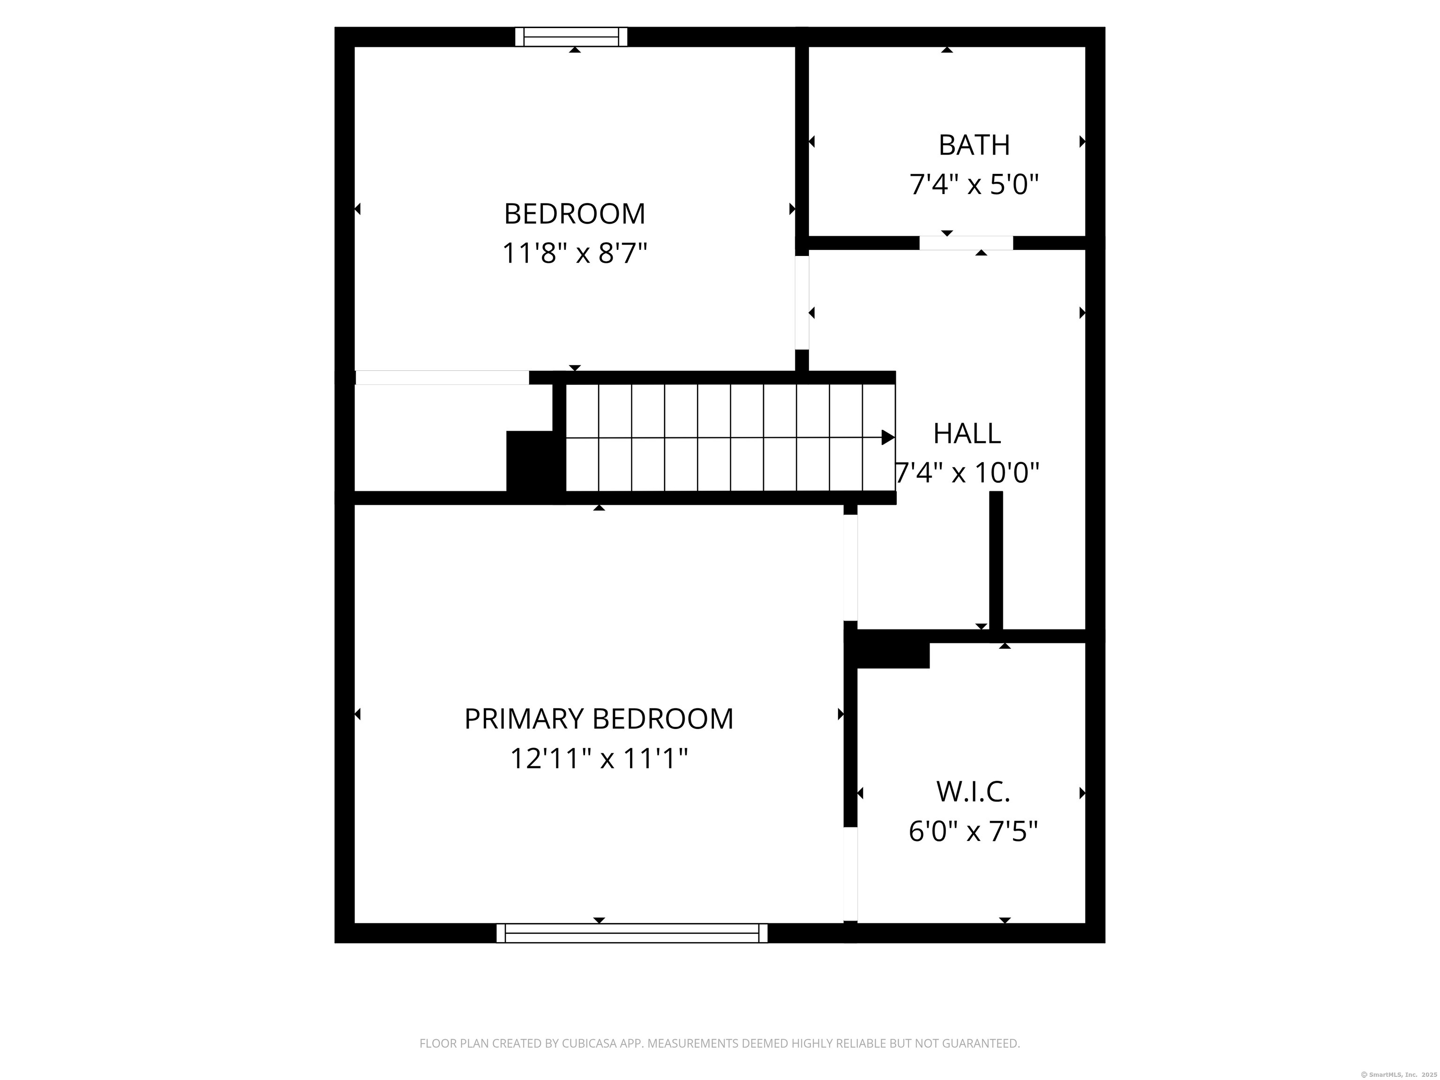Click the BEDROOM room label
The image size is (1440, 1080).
click(x=574, y=214)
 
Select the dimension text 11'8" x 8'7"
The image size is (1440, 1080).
click(x=574, y=253)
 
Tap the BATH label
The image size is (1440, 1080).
click(x=974, y=145)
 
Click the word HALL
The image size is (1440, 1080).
click(x=967, y=434)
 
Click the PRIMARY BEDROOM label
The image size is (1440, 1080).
click(x=599, y=719)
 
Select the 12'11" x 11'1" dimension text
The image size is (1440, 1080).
click(x=599, y=758)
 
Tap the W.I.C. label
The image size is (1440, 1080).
click(x=973, y=792)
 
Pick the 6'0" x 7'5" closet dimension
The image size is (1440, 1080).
click(x=973, y=831)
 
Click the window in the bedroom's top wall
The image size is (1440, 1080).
click(x=571, y=37)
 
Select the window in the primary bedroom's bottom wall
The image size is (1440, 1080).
click(x=631, y=933)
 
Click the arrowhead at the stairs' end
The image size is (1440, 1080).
click(x=888, y=437)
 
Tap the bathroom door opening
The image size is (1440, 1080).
click(x=966, y=243)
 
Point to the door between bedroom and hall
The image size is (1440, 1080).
click(x=802, y=303)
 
